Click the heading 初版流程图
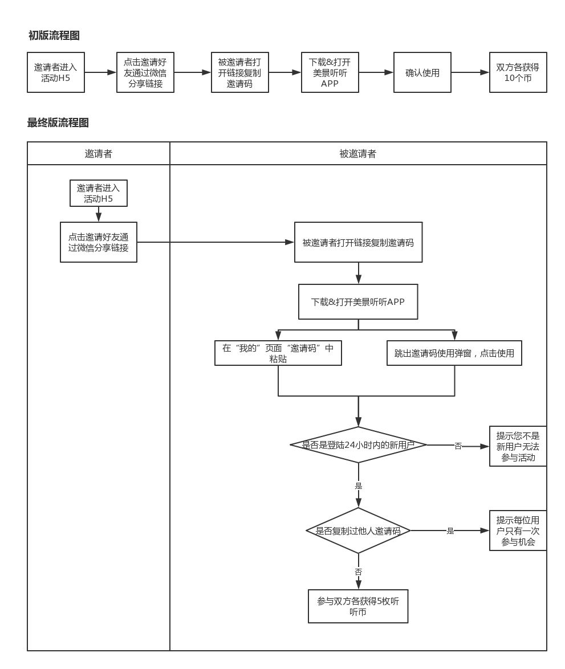[54, 36]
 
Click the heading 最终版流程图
[58, 123]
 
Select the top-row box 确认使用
[422, 73]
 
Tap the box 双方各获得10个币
[518, 73]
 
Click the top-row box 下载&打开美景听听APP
[330, 73]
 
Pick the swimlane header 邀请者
[99, 154]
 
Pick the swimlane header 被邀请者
[358, 154]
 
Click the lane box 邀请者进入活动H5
[99, 194]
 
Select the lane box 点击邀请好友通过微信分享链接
[99, 242]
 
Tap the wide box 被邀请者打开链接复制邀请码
[358, 242]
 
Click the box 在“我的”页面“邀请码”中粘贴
[278, 353]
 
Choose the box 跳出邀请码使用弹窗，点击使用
[454, 353]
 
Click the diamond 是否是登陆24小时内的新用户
[358, 445]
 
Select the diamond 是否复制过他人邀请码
[358, 531]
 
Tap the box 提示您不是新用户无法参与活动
[518, 446]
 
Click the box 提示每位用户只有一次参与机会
[518, 531]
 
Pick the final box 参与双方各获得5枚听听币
[358, 606]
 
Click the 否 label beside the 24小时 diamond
[458, 446]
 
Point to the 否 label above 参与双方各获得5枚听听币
[358, 572]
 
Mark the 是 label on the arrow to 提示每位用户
[450, 531]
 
